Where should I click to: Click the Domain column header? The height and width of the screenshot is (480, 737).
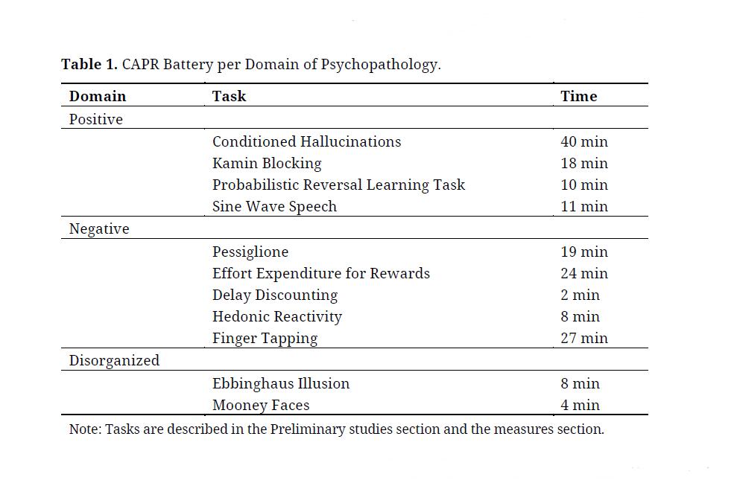point(98,96)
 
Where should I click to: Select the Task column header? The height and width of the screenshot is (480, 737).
point(229,96)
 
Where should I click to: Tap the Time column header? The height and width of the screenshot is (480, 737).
point(579,96)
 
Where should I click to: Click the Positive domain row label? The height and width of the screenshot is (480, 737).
point(96,119)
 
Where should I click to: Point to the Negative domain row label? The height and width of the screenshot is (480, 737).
point(99,229)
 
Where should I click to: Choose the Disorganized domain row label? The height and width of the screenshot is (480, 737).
point(114,361)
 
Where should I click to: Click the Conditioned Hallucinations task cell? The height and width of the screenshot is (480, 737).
point(306,141)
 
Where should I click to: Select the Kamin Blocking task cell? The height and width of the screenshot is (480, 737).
point(267,163)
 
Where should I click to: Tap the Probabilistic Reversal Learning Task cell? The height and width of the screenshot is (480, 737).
point(338,185)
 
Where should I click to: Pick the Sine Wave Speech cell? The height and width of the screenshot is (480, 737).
point(274,206)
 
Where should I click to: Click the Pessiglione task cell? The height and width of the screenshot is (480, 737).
point(250,252)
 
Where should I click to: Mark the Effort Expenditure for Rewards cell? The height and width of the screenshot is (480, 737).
point(321,273)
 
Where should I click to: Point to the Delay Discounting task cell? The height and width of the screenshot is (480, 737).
point(275,295)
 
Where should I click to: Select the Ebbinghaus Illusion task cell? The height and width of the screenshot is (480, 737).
point(281,383)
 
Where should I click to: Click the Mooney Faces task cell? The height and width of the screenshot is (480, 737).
point(261,405)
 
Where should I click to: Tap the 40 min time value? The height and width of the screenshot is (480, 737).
point(584,141)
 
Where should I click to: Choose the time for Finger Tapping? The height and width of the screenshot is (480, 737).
point(584,338)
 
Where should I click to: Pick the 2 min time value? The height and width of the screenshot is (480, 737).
point(581,295)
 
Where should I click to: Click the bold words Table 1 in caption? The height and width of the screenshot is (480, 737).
point(89,64)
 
